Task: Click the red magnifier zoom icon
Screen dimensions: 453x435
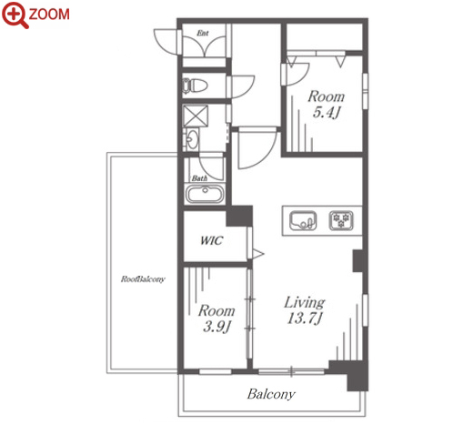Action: coord(15,15)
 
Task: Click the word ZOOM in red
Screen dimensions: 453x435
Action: coord(49,15)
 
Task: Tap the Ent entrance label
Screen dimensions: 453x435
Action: coord(203,33)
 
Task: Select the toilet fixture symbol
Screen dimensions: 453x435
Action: coord(195,86)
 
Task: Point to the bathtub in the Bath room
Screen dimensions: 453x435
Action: coord(205,193)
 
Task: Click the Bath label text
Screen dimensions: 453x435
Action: coord(199,178)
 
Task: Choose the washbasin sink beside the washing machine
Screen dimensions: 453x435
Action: coord(192,139)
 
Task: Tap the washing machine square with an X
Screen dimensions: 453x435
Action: coord(196,116)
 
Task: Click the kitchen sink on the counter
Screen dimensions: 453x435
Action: coord(303,220)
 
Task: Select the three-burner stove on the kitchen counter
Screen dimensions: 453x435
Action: coord(341,220)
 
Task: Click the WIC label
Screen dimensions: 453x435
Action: coord(211,240)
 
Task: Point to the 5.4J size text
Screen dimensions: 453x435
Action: coord(327,112)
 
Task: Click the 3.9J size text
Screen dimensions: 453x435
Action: coord(216,327)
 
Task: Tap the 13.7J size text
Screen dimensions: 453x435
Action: coord(305,319)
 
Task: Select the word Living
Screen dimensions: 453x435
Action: coord(305,302)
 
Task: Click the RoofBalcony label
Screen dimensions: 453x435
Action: coord(143,278)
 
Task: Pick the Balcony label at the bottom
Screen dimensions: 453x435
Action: coord(271,394)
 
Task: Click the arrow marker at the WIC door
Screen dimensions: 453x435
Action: coord(258,254)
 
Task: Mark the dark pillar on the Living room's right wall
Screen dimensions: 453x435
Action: coord(357,261)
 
